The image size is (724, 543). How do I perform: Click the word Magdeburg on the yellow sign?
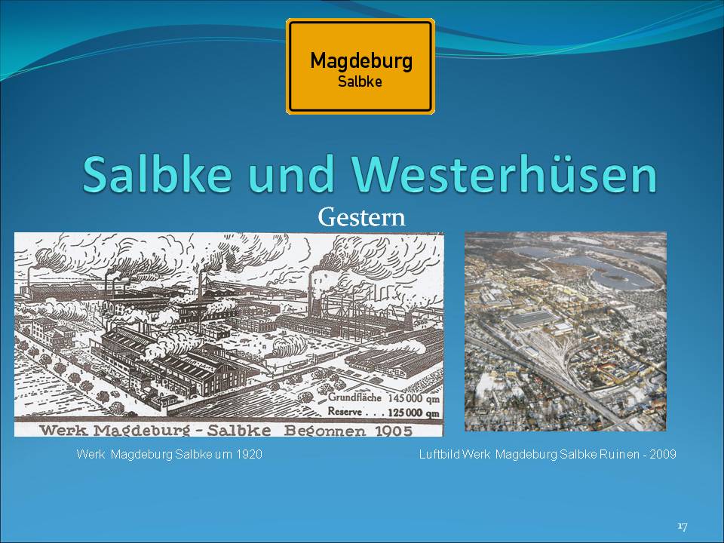point(361,61)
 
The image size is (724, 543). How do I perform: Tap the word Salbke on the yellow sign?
point(360,81)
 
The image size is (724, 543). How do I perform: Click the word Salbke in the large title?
point(157,174)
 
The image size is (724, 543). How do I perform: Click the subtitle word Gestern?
point(361,217)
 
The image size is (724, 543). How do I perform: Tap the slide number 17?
point(683,526)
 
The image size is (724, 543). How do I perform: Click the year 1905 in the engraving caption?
point(394,431)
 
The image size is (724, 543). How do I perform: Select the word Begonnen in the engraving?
point(324,431)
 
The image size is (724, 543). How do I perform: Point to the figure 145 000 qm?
point(413,398)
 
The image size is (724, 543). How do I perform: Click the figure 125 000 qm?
point(413,413)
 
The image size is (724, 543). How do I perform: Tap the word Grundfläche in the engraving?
point(354,397)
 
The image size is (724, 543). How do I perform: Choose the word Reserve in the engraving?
point(345,411)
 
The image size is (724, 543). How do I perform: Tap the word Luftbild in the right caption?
point(439,454)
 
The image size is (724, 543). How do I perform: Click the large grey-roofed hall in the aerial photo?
point(531,320)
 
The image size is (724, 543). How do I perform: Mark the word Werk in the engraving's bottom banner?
point(63,431)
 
